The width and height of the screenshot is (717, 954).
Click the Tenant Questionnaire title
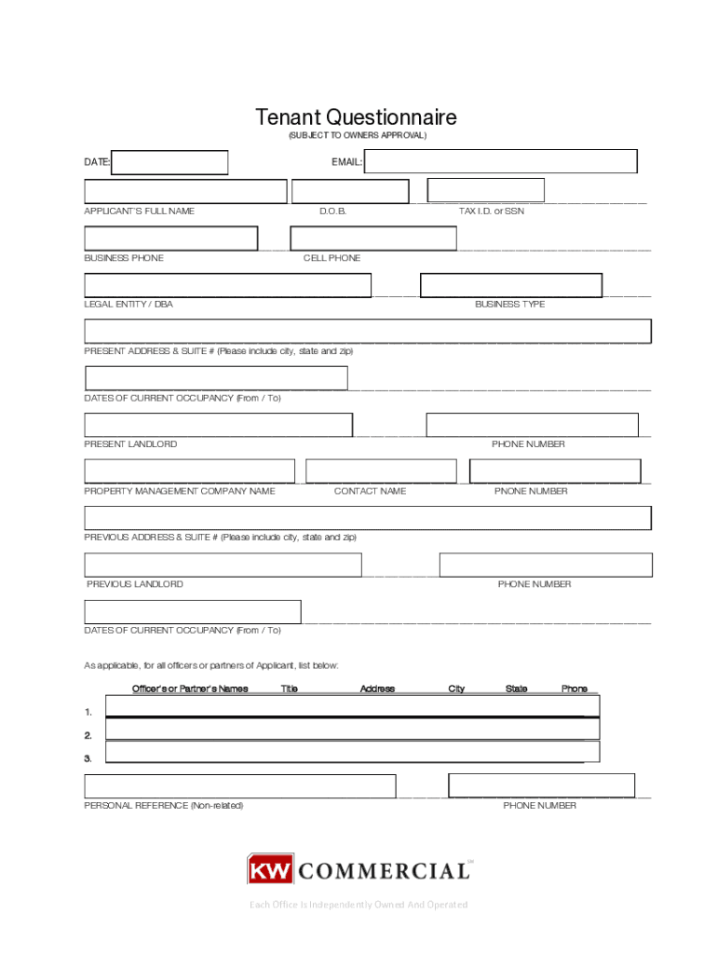(x=357, y=117)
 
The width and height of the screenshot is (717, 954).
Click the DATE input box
(x=169, y=162)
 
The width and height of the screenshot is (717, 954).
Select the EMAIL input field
(x=501, y=162)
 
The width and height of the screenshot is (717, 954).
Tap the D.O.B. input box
(x=350, y=192)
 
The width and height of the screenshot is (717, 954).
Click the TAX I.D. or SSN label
(x=491, y=211)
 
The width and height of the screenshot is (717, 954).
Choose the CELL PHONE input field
(x=373, y=238)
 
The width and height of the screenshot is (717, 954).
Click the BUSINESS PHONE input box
(x=171, y=238)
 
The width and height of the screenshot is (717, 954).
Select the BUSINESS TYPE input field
(x=511, y=285)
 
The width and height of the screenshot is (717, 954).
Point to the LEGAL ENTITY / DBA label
(x=129, y=305)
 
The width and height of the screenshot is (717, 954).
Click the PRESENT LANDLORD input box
(x=219, y=425)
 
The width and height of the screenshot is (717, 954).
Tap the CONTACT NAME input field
(x=381, y=471)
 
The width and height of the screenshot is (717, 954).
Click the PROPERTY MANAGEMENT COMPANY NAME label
(x=180, y=491)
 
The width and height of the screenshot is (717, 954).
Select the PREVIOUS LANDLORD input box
(x=223, y=565)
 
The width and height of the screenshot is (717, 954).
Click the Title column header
(x=290, y=689)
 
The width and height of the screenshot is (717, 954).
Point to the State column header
(x=516, y=689)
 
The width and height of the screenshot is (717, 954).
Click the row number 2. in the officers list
(x=88, y=736)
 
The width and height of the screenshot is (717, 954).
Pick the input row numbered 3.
(x=352, y=752)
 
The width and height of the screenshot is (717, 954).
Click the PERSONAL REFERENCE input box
(x=240, y=786)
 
